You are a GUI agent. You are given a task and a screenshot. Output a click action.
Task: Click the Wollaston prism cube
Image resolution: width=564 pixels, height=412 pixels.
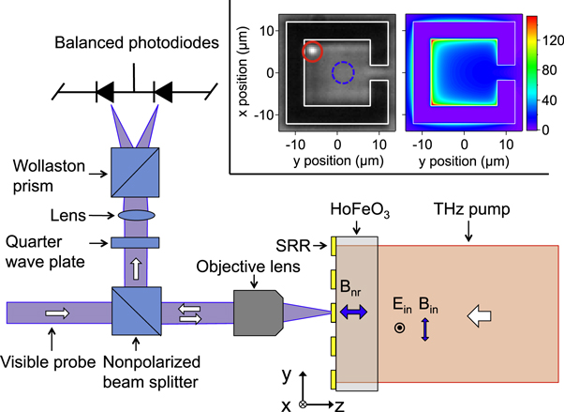point(136,175)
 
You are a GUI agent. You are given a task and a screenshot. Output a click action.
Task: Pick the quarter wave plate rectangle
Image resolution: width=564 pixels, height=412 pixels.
point(136,243)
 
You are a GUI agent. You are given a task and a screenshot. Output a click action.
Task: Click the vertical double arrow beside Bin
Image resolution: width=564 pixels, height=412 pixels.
point(424,329)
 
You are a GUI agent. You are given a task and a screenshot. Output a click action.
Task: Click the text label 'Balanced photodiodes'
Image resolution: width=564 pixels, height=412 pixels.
point(137,43)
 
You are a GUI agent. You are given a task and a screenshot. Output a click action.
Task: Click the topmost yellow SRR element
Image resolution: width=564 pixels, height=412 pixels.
point(334,246)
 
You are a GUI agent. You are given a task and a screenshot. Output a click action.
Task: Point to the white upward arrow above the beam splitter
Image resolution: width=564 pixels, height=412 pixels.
point(136,271)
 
